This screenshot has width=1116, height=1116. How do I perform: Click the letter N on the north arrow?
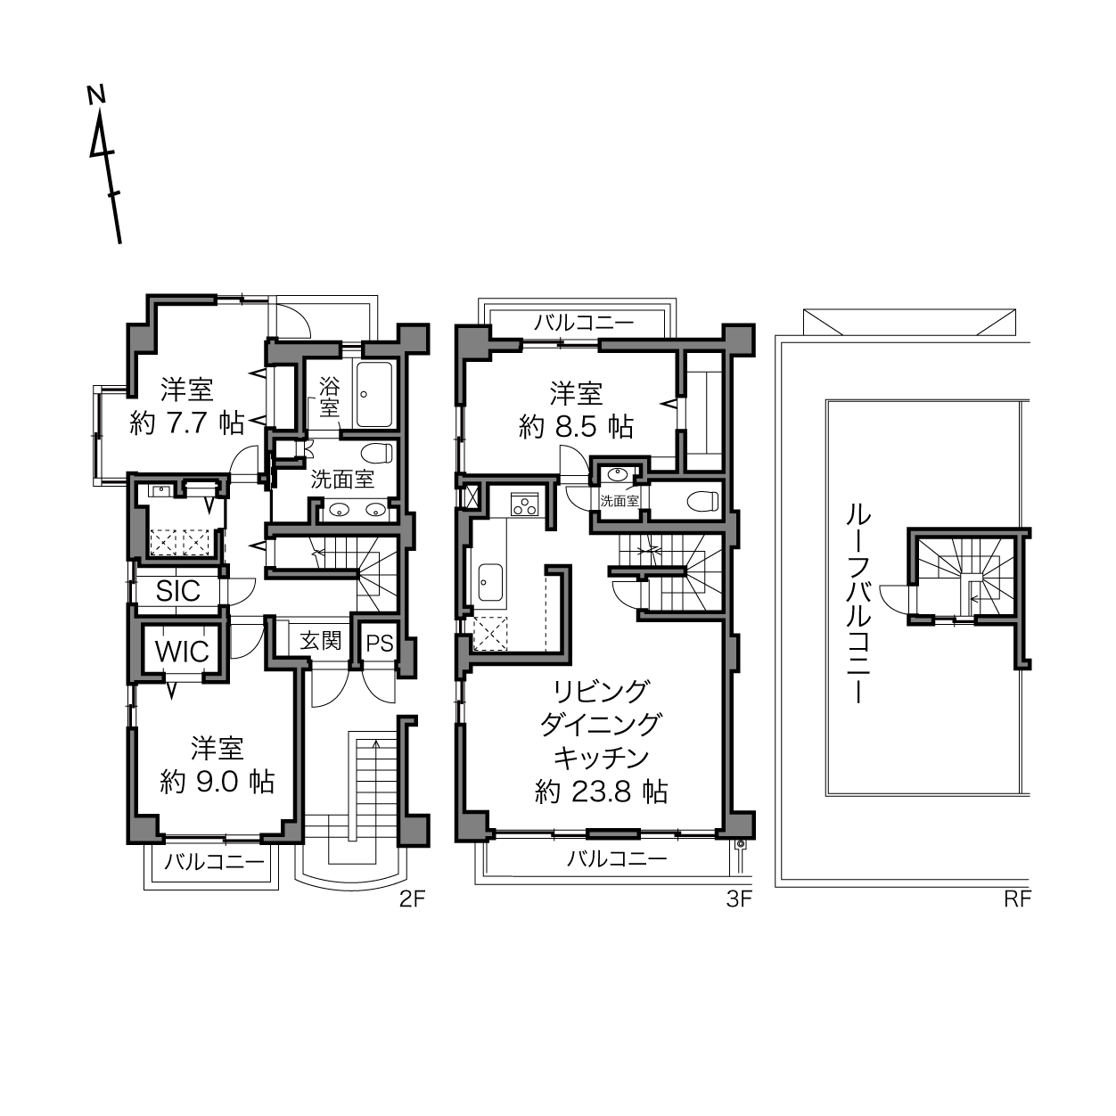(96, 94)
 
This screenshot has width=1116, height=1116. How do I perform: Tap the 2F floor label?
(413, 898)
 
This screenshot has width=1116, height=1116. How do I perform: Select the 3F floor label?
(739, 898)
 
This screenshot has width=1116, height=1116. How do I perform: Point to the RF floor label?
(1018, 898)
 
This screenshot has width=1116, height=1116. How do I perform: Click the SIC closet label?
(177, 591)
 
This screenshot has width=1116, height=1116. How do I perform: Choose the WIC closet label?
(182, 652)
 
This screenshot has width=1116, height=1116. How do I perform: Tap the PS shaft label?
(380, 644)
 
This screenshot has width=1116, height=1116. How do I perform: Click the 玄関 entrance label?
(320, 641)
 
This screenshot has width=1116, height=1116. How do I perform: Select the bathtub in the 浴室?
(374, 394)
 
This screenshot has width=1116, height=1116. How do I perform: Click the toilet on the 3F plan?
(702, 501)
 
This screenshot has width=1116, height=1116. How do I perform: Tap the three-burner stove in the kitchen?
(525, 505)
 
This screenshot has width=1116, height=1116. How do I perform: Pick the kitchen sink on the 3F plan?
(490, 582)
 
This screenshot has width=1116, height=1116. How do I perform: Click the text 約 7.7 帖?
(187, 424)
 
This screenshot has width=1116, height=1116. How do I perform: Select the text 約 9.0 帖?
(217, 782)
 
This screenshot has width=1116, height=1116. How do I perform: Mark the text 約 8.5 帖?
(576, 427)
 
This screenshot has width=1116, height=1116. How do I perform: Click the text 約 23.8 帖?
(602, 792)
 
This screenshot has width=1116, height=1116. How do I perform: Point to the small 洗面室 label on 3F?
(620, 500)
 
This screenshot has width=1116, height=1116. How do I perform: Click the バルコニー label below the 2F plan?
(214, 862)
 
